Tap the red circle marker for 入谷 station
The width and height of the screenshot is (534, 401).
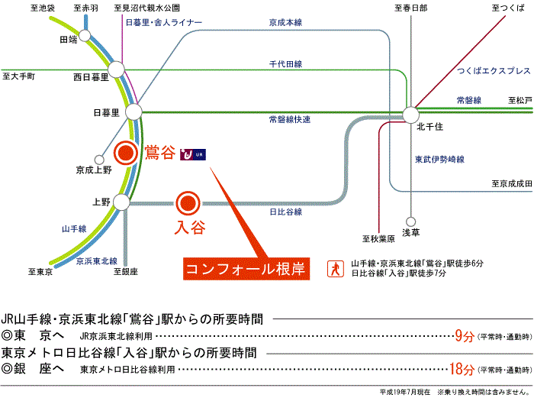(x=187, y=203)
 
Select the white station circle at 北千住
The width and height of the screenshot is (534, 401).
(x=410, y=115)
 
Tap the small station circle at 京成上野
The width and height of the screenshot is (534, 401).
(x=98, y=160)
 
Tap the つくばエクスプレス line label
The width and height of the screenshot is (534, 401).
(x=493, y=71)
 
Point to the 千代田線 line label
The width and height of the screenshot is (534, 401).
(x=287, y=64)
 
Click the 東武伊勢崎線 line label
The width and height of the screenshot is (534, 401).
(x=439, y=160)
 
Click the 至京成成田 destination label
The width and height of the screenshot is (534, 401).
(x=510, y=183)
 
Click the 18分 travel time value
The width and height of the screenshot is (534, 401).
(x=460, y=370)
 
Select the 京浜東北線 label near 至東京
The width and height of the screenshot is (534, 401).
(x=96, y=261)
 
